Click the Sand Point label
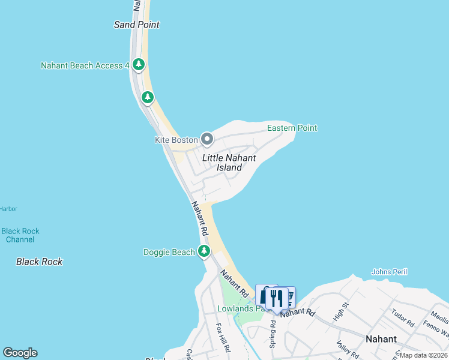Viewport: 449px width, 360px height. (x=137, y=25)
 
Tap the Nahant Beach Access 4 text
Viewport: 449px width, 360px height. (x=85, y=65)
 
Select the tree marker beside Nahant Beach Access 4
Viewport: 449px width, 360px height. (x=139, y=64)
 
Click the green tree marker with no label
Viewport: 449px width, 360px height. (x=147, y=97)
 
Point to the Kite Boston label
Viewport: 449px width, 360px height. (x=176, y=140)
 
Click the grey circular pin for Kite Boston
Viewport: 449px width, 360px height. (x=207, y=140)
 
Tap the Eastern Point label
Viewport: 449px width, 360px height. (x=292, y=128)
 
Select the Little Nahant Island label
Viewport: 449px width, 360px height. (x=229, y=163)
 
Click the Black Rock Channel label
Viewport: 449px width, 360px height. (x=20, y=235)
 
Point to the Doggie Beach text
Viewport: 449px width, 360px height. (x=169, y=252)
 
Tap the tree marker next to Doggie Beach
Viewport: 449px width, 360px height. (x=205, y=251)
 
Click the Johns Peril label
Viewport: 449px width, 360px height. (x=389, y=272)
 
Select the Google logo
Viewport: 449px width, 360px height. (x=20, y=353)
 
